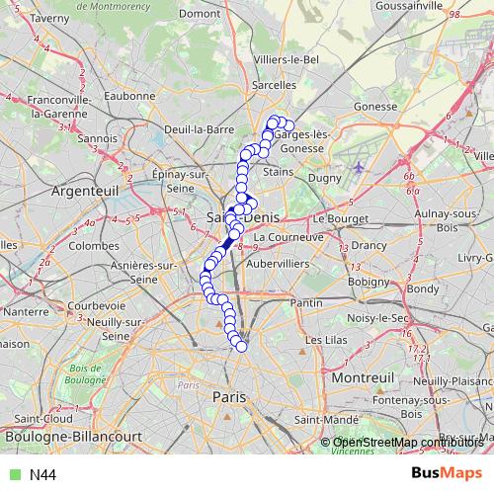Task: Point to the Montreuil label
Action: [x=363, y=378]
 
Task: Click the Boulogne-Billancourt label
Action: [x=68, y=436]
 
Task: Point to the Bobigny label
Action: [x=369, y=282]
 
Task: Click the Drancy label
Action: [x=370, y=244]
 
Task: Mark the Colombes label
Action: [x=95, y=245]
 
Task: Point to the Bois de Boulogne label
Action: [x=88, y=373]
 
